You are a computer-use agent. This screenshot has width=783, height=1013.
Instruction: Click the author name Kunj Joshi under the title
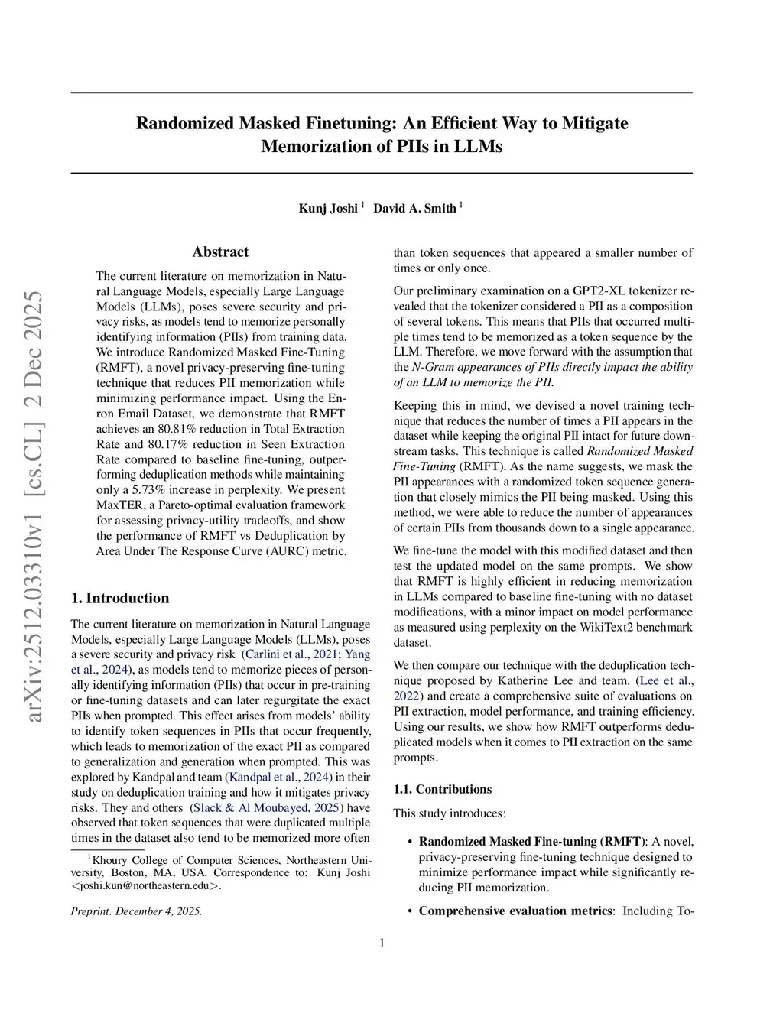[x=328, y=209]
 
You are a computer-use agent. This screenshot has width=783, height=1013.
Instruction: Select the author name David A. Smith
[x=414, y=209]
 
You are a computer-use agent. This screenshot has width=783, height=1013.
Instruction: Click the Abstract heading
[x=220, y=252]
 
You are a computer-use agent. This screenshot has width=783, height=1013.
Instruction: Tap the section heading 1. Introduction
[x=120, y=598]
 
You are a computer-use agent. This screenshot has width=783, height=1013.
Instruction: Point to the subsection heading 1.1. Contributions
[x=443, y=789]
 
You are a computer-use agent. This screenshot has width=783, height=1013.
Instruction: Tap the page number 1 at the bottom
[x=382, y=943]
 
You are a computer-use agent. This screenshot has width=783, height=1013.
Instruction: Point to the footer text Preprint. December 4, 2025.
[x=136, y=911]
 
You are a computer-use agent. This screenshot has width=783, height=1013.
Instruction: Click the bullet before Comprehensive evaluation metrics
[x=411, y=911]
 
